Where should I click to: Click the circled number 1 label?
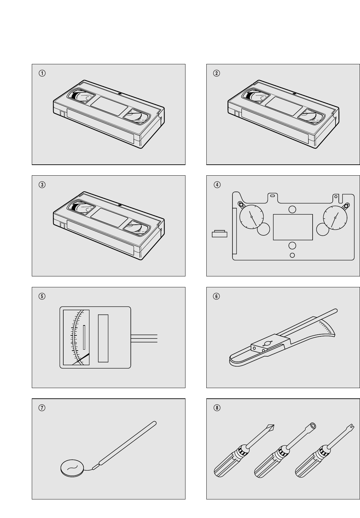(x=42, y=73)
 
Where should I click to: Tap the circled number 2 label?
(x=217, y=73)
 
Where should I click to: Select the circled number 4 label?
(x=217, y=185)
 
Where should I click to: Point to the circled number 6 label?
(x=217, y=296)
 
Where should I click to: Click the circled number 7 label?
(x=42, y=408)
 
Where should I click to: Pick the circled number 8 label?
(x=217, y=408)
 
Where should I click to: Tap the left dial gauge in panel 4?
(x=252, y=217)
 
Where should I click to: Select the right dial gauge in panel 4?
(x=335, y=217)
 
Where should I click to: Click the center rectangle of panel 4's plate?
(x=293, y=227)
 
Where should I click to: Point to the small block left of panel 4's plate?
(x=220, y=234)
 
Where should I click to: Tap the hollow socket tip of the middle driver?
(x=313, y=426)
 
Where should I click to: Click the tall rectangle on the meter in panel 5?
(x=103, y=338)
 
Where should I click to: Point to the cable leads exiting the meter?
(x=144, y=338)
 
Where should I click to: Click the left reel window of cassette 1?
(x=81, y=95)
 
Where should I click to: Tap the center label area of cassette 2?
(x=284, y=106)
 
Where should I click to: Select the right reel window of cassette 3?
(x=137, y=228)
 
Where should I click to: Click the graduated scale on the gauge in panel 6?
(x=326, y=327)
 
